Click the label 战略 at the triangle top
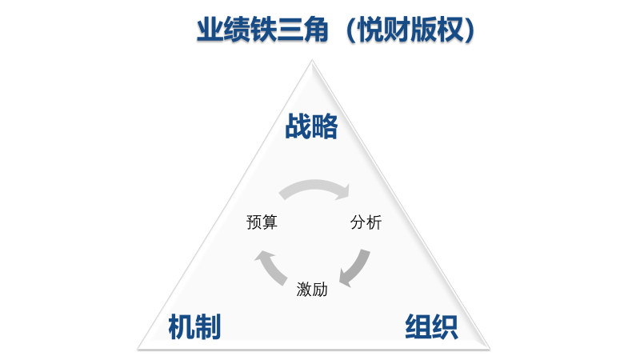tap(311, 126)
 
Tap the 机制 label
tap(194, 326)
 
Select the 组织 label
tap(431, 326)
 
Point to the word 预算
tap(262, 222)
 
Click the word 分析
tap(366, 222)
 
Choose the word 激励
tap(312, 290)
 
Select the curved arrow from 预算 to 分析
tap(314, 185)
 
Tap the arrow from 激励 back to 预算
tap(271, 267)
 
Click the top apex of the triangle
tap(312, 61)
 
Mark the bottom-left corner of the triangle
tap(138, 349)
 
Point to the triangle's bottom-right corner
tap(490, 349)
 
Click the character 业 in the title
tap(210, 30)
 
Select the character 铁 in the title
tap(262, 30)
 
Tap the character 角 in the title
tap(315, 30)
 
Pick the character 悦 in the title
tap(370, 30)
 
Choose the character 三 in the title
tap(289, 30)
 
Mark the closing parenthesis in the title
tap(470, 30)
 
